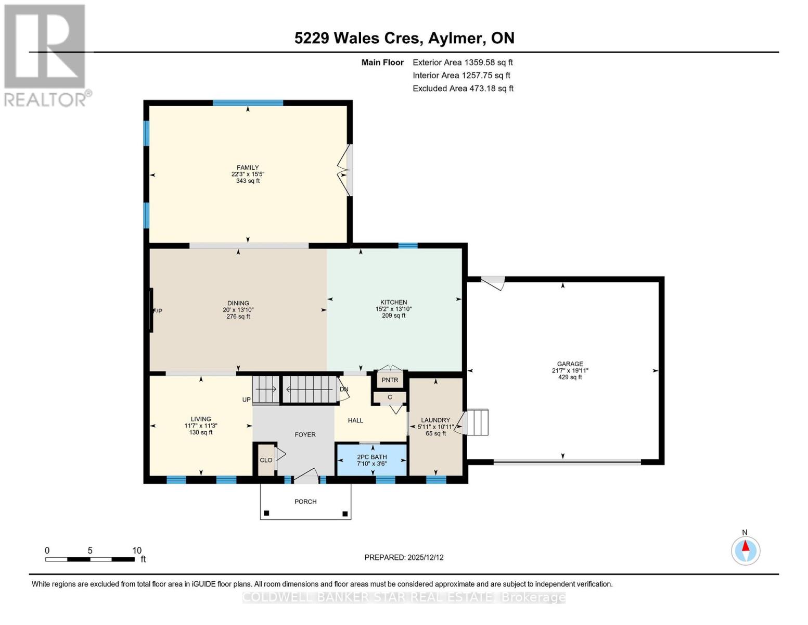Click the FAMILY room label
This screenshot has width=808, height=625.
coord(248,168)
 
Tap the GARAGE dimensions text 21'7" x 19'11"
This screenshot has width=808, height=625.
coord(570,371)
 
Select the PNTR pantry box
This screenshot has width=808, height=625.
coord(390,380)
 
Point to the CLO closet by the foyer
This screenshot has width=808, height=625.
coord(266,460)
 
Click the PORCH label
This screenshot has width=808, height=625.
coord(305,502)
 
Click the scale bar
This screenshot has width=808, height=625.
coord(90,559)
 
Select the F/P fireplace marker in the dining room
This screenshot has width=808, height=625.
coord(157,311)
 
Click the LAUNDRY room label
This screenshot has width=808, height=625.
coord(435,420)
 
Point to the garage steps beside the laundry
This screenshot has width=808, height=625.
coord(478,422)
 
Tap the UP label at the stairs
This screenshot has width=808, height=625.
coord(246,400)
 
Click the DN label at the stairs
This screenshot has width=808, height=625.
coord(344,389)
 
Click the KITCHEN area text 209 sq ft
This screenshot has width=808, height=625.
coord(393,316)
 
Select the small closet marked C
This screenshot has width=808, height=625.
coord(390,397)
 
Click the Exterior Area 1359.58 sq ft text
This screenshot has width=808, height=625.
coord(463,63)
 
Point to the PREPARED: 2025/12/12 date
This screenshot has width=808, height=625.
coord(404,557)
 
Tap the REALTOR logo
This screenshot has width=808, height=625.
coord(46,55)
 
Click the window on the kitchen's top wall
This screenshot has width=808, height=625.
coord(407,246)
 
